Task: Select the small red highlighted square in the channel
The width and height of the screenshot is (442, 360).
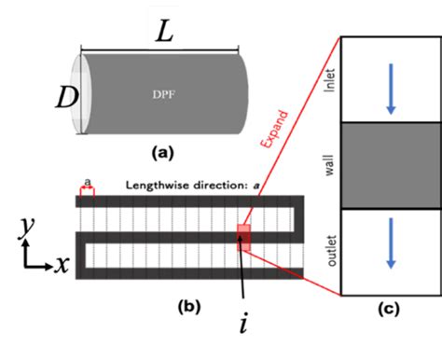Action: [x=242, y=237]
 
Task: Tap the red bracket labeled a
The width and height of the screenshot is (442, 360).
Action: [x=87, y=190]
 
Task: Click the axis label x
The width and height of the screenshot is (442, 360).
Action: [x=62, y=264]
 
